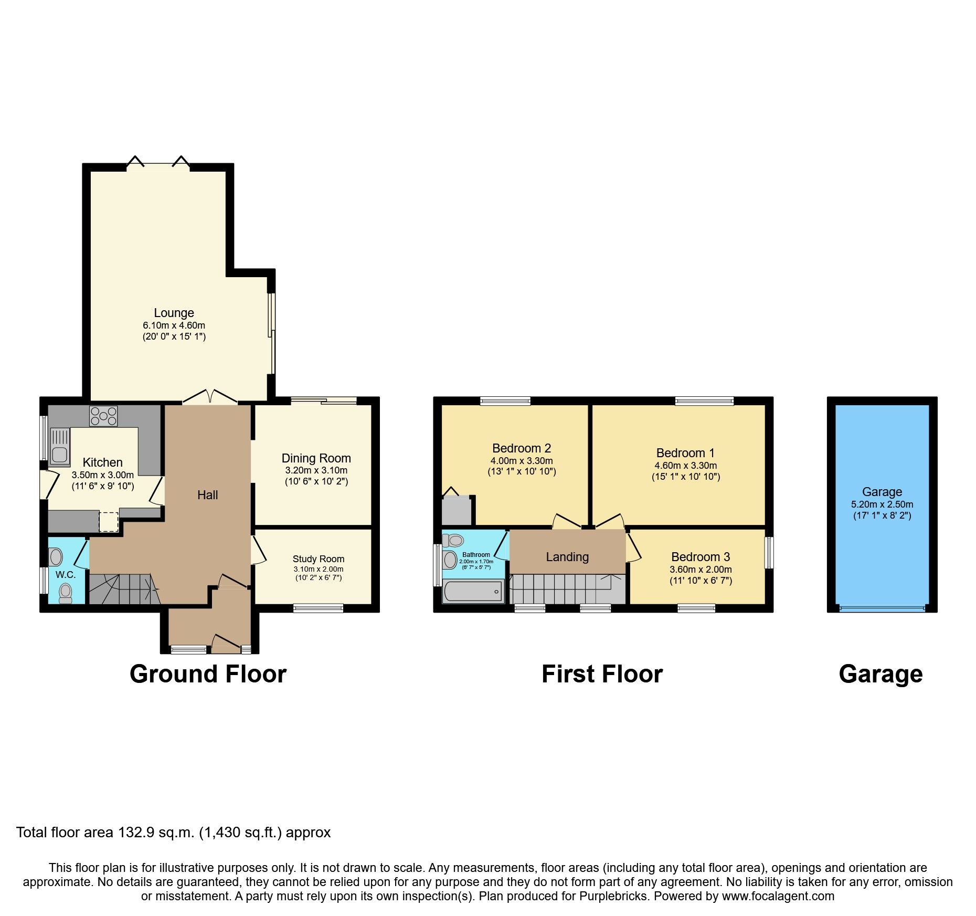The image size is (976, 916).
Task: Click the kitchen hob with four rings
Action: [x=103, y=416]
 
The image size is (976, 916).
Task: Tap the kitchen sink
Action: [x=60, y=447]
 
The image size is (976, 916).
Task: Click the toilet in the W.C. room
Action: [x=66, y=593]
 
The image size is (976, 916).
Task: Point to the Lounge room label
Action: [x=174, y=313]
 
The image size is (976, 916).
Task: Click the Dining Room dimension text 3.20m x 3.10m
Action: [x=316, y=470]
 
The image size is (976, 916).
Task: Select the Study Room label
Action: [x=318, y=559]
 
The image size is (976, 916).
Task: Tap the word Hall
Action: [x=207, y=495]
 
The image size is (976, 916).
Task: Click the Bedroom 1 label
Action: [x=685, y=453]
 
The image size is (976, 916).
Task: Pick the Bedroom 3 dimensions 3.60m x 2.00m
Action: [x=701, y=570]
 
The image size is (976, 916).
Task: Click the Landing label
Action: [x=567, y=557]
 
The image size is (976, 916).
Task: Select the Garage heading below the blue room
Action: [x=880, y=674]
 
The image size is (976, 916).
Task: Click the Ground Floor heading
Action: [x=208, y=674]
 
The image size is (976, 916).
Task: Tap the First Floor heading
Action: [x=602, y=674]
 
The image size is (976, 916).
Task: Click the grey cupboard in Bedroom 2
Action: [x=457, y=511]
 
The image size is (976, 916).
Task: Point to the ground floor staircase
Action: [x=123, y=589]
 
